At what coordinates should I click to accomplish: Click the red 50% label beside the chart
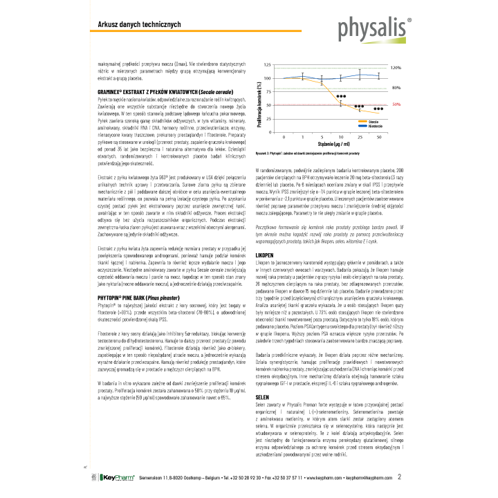tap(397, 104)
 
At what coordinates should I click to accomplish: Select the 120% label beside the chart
tap(396, 68)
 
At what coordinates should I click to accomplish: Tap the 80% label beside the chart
tap(396, 89)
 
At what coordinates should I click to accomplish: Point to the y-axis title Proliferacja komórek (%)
tap(259, 98)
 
